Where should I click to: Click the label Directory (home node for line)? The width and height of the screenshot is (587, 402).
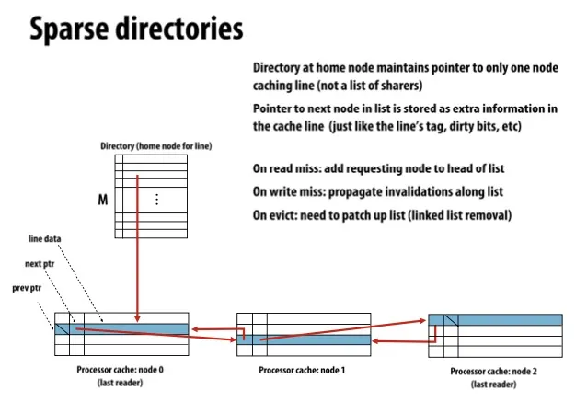(156, 146)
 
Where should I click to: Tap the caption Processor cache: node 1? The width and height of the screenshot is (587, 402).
(304, 370)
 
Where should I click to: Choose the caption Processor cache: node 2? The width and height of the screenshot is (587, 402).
(496, 371)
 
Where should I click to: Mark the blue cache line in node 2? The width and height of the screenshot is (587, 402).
(510, 319)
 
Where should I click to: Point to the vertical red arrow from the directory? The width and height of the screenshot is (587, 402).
(137, 248)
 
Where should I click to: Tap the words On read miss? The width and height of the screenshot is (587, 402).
(283, 169)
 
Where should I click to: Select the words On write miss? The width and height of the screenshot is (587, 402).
(285, 191)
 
